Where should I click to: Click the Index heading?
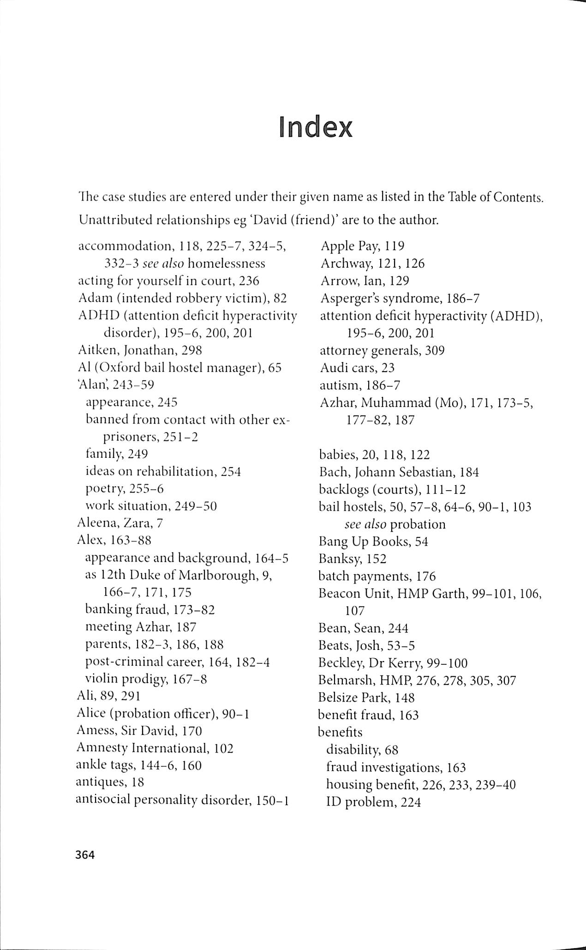point(316,127)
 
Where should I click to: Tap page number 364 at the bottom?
point(85,855)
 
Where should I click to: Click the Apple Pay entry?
point(362,246)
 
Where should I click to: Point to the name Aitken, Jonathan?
point(140,350)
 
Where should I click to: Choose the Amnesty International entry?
point(155,748)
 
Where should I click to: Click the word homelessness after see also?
point(227,264)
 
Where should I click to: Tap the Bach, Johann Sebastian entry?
point(399,472)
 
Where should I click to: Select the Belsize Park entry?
point(366,697)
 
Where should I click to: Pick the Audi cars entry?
point(357,368)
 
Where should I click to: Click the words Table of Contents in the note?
point(495,197)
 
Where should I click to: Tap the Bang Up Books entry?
point(373,541)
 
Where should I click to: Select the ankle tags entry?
point(138,765)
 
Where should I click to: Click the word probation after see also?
point(418,524)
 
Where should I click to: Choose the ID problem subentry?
point(373,802)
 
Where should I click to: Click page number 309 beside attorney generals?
point(435,350)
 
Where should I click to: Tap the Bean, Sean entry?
point(363,628)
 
